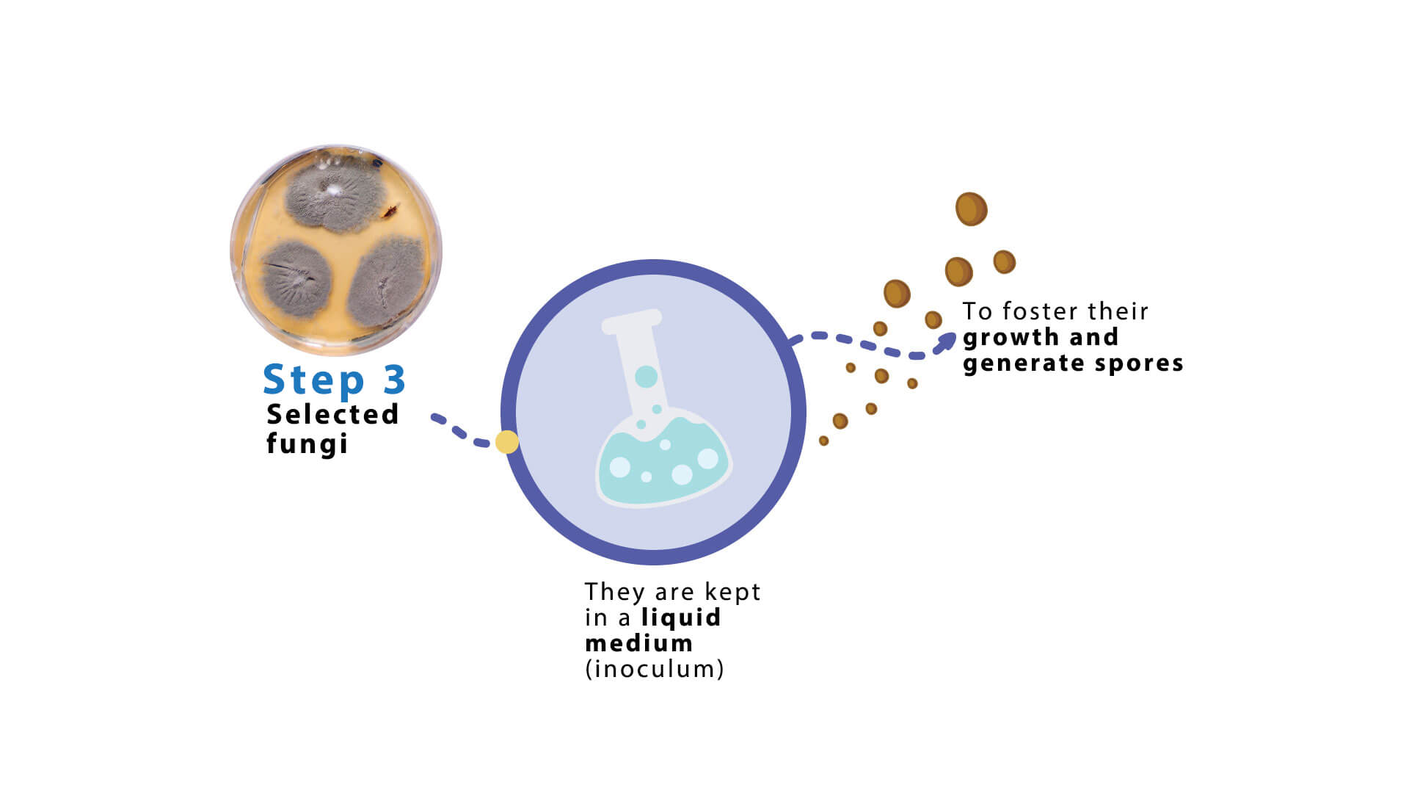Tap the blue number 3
(x=395, y=379)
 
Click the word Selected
(x=332, y=414)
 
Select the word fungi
(x=307, y=444)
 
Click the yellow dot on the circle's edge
(x=507, y=442)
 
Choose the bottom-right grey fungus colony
(x=387, y=283)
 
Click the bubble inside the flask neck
(x=646, y=377)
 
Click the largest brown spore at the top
(x=971, y=209)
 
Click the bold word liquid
(x=681, y=618)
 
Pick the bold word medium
(x=638, y=643)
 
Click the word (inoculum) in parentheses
(x=655, y=669)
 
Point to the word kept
(x=732, y=593)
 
